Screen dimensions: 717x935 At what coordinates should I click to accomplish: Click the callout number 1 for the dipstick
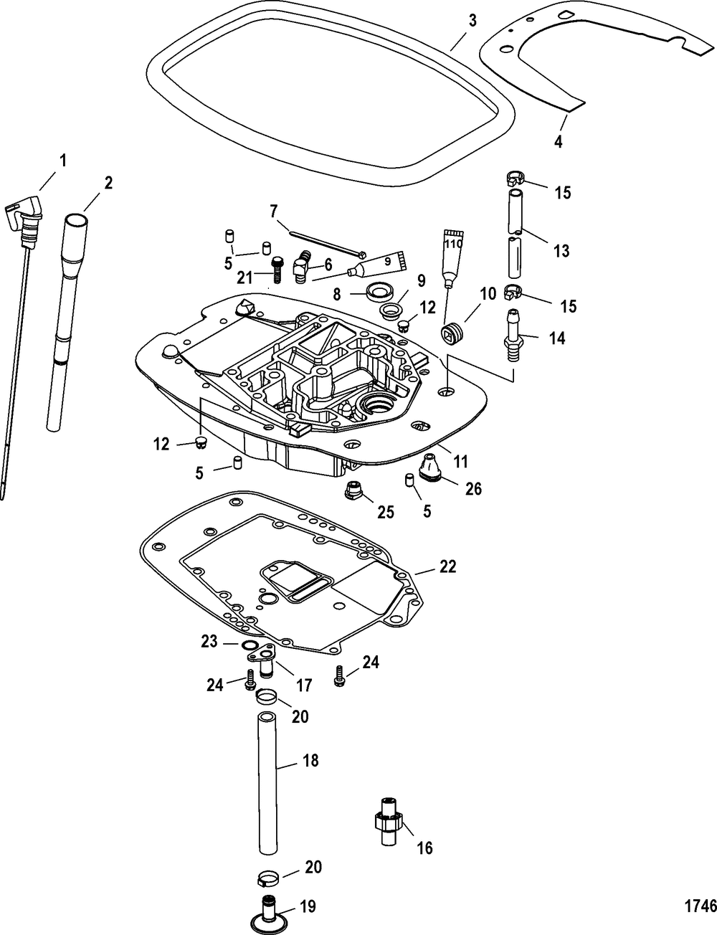click(63, 161)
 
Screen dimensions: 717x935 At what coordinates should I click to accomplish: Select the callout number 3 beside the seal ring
click(473, 22)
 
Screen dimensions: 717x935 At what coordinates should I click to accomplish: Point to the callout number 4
click(559, 141)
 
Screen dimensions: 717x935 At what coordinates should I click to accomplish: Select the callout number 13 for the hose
click(561, 251)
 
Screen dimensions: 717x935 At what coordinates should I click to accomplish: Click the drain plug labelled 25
click(353, 490)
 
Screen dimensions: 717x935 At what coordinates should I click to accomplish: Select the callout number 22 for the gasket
click(447, 566)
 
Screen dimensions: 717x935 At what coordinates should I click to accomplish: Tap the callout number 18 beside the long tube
click(310, 760)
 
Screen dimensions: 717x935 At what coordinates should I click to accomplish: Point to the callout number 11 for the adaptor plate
click(461, 462)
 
